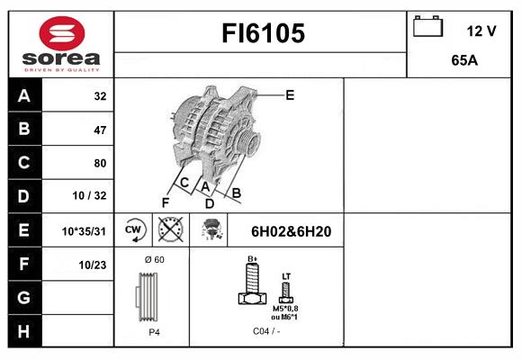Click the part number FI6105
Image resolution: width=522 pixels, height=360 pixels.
[263, 33]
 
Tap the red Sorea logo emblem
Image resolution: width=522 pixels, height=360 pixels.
[62, 33]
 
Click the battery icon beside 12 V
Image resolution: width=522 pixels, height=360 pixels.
[427, 26]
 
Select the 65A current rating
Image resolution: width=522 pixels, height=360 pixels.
[464, 60]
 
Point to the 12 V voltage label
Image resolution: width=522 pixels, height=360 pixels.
[481, 31]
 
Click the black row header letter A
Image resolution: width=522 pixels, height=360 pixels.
[24, 96]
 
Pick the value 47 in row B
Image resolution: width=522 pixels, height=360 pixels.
[100, 130]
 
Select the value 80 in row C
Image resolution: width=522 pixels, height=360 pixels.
[100, 163]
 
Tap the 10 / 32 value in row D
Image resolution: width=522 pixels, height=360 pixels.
[90, 195]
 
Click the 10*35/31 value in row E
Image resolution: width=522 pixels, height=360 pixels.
[84, 231]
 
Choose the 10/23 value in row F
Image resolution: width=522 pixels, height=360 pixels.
[93, 265]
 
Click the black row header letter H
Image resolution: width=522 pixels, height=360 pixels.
[23, 331]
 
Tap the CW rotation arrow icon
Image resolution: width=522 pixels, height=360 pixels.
[134, 229]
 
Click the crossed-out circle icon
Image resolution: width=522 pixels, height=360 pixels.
[170, 229]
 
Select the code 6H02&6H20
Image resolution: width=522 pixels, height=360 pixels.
[291, 231]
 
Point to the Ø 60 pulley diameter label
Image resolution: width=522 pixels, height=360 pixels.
[154, 260]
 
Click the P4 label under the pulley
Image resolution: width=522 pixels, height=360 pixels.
[154, 332]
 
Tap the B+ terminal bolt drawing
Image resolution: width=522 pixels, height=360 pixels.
[252, 283]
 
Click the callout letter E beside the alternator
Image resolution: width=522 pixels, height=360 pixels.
[290, 95]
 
